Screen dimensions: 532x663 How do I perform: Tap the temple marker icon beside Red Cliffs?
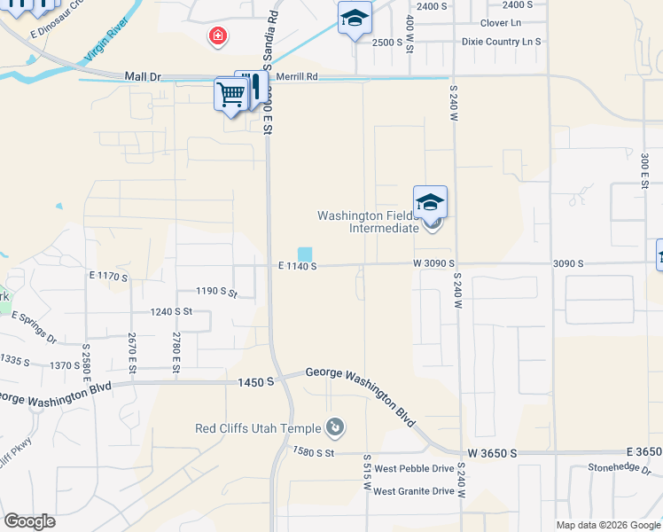pos(334,429)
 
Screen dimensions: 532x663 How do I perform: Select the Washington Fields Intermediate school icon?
pos(430,203)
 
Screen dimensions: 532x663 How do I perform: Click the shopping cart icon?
pos(230,93)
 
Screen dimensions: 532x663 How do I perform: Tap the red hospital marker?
pos(216,36)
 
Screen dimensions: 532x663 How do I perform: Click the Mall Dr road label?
pos(143,77)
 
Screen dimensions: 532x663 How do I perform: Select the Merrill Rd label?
pos(297,77)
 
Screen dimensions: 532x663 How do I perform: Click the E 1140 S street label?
pos(297,265)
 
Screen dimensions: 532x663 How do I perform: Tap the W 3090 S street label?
pos(433,263)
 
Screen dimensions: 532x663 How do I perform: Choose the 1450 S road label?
pos(256,382)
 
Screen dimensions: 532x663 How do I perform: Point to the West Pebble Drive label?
pos(414,468)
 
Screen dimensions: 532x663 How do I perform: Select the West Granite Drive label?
pos(414,491)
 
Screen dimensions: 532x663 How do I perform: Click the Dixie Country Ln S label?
pos(501,42)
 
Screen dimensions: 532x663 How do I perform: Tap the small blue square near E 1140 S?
pos(304,254)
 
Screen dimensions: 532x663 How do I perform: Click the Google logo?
pos(29,521)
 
